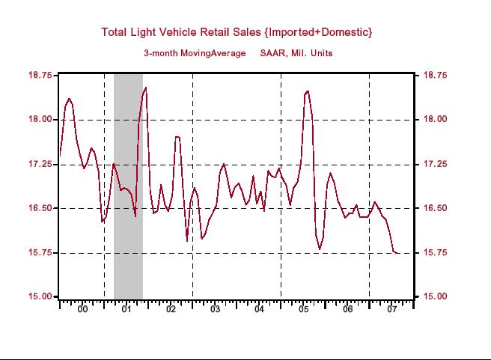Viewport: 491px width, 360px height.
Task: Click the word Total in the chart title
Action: click(x=115, y=31)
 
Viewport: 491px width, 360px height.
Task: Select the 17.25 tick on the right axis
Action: click(x=436, y=164)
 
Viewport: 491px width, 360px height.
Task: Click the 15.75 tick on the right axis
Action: click(x=436, y=253)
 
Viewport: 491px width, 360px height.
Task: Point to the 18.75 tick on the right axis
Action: click(x=436, y=76)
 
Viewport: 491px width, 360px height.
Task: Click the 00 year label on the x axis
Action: click(x=82, y=309)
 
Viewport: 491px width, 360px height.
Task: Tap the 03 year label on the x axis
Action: click(x=215, y=309)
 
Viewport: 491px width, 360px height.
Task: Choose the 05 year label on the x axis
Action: click(x=303, y=309)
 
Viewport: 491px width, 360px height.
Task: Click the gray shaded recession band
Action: click(x=128, y=187)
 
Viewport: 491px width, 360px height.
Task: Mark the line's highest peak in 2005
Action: click(x=307, y=91)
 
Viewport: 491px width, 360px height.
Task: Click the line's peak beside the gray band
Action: click(x=145, y=88)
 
